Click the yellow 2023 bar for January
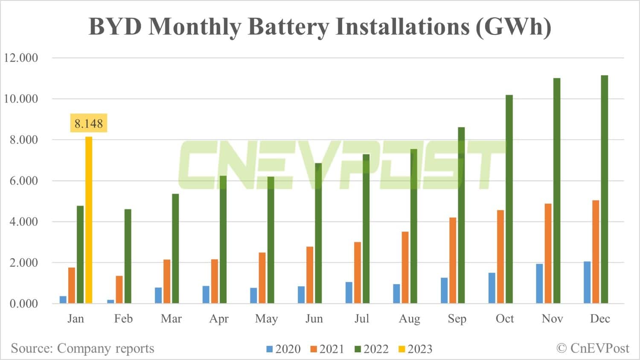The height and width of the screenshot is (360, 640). [x=89, y=220]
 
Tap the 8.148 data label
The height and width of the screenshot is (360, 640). [x=89, y=124]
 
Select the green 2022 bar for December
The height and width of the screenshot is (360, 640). [x=604, y=189]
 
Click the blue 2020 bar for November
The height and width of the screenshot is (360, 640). [x=539, y=284]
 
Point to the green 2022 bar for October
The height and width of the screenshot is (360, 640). [x=509, y=199]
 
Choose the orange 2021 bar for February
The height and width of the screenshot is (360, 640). [x=119, y=290]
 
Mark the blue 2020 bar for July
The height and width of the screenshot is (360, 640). [x=349, y=293]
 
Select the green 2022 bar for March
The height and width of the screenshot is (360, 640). [x=175, y=249]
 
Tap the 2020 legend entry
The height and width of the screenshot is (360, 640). [x=283, y=349]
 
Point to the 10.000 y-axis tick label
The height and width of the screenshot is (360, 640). [x=21, y=99]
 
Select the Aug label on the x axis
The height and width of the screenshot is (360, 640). [x=409, y=319]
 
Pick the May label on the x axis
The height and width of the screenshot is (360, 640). [x=266, y=319]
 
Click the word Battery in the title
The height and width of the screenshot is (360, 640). [x=288, y=26]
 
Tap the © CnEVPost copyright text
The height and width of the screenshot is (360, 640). [x=593, y=348]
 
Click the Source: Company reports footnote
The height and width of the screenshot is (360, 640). [x=82, y=348]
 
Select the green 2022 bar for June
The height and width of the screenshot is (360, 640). [x=318, y=233]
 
